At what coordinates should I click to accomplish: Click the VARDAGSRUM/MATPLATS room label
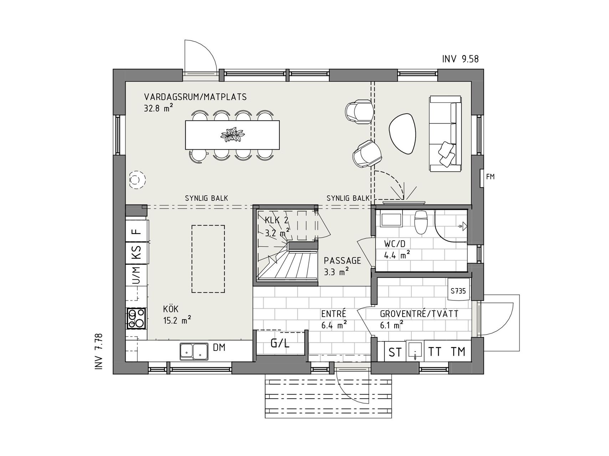(x=195, y=97)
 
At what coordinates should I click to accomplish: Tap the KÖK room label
(x=171, y=309)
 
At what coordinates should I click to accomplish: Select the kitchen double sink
(x=194, y=350)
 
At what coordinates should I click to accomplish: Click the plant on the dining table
(x=233, y=134)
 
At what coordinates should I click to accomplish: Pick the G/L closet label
(x=280, y=343)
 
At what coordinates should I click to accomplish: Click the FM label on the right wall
(x=491, y=176)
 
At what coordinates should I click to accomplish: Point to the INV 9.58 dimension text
(x=460, y=59)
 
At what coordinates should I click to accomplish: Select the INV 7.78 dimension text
(x=99, y=351)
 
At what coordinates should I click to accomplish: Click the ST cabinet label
(x=395, y=352)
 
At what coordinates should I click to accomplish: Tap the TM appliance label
(x=458, y=352)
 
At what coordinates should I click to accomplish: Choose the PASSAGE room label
(x=342, y=261)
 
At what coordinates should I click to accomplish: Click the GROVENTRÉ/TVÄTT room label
(x=419, y=314)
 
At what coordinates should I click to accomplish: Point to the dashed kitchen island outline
(x=208, y=259)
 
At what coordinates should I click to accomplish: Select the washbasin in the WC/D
(x=391, y=218)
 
